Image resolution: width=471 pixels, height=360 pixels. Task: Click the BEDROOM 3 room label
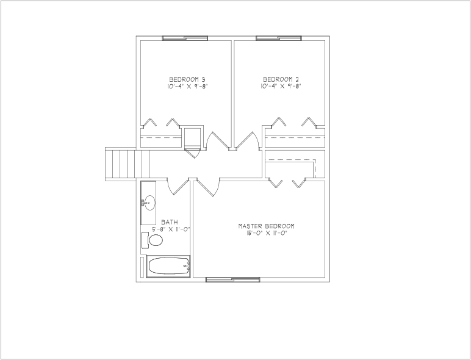(187, 80)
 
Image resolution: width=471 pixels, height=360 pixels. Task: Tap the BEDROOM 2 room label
(281, 80)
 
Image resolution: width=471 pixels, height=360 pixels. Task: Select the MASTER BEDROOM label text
(266, 226)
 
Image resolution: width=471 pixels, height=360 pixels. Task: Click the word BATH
(170, 222)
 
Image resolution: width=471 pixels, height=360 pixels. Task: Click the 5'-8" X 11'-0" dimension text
(171, 229)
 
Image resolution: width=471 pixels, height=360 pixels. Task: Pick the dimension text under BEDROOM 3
(188, 87)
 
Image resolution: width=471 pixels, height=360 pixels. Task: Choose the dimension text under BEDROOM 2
(281, 87)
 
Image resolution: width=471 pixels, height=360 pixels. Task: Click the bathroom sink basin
(149, 203)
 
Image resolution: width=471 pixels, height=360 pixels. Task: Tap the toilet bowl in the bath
(156, 240)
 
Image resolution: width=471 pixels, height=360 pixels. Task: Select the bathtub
(168, 265)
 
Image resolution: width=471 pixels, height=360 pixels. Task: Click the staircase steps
(128, 164)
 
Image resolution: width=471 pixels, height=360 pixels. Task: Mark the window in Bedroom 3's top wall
(185, 38)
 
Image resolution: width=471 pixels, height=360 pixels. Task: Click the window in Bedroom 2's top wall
(279, 38)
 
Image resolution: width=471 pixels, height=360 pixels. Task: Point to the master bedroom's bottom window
(233, 280)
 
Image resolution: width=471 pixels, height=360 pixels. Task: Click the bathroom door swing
(177, 187)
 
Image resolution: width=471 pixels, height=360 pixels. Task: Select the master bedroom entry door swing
(207, 187)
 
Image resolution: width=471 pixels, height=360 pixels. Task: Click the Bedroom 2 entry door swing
(247, 140)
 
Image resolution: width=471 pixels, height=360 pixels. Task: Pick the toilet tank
(145, 240)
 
